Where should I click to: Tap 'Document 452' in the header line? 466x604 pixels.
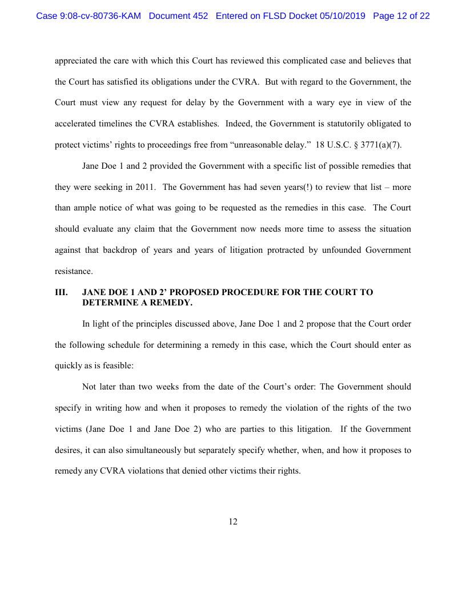[178, 16]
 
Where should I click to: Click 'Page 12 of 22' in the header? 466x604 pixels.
[401, 16]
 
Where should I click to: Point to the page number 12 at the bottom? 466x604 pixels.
[233, 522]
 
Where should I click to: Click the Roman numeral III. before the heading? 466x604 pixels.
[61, 292]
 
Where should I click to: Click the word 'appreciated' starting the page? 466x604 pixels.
[75, 60]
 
